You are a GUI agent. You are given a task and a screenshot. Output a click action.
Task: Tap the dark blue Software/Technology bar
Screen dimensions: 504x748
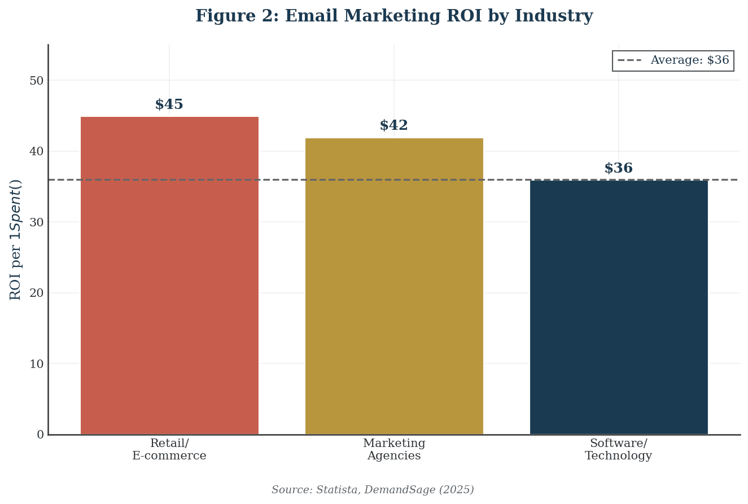pyautogui.click(x=619, y=307)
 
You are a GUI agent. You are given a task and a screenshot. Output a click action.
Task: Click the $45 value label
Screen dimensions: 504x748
pyautogui.click(x=169, y=105)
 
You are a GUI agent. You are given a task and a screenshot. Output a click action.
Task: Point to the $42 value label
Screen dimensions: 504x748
pyautogui.click(x=394, y=126)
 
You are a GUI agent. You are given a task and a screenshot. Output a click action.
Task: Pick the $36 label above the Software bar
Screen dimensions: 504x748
pyautogui.click(x=619, y=169)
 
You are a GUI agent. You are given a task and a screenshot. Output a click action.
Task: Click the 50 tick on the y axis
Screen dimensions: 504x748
pyautogui.click(x=37, y=81)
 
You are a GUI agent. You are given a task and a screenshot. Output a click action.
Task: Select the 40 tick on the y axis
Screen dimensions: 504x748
pyautogui.click(x=37, y=151)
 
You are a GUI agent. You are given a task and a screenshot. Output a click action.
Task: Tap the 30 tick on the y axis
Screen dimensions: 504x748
pyautogui.click(x=37, y=222)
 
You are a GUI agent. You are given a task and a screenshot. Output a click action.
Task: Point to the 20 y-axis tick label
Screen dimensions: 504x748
pyautogui.click(x=37, y=293)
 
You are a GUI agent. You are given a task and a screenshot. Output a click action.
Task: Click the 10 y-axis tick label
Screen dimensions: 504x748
pyautogui.click(x=37, y=364)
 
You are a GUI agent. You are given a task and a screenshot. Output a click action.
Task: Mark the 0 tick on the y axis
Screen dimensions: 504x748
pyautogui.click(x=40, y=435)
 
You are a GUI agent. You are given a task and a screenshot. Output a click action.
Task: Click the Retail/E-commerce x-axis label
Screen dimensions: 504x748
pyautogui.click(x=169, y=450)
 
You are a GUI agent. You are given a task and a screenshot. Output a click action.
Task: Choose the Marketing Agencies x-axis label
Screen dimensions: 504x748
pyautogui.click(x=394, y=450)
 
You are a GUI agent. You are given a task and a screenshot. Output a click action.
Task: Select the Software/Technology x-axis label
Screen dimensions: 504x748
pyautogui.click(x=619, y=450)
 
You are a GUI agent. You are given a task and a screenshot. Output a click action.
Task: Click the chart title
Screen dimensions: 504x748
pyautogui.click(x=394, y=16)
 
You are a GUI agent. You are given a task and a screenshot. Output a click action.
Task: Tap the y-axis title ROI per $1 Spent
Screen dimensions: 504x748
pyautogui.click(x=16, y=239)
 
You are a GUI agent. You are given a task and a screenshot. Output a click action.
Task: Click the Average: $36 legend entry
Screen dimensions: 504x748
pyautogui.click(x=673, y=60)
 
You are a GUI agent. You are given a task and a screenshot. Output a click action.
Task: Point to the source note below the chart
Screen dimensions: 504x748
pyautogui.click(x=373, y=490)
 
